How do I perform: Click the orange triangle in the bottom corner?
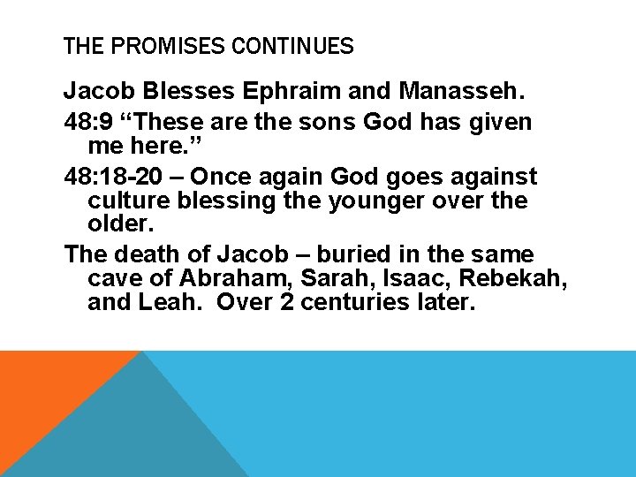point(44,389)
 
